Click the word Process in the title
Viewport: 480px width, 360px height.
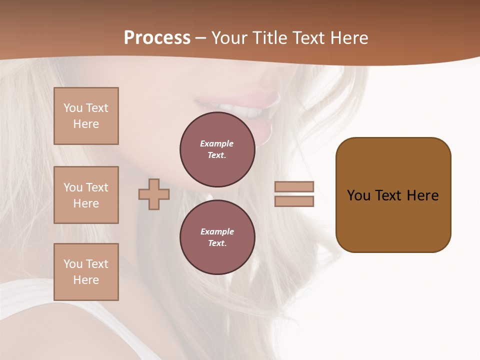[x=157, y=38]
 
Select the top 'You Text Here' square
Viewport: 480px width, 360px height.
[x=86, y=116]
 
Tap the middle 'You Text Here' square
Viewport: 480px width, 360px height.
[x=86, y=195]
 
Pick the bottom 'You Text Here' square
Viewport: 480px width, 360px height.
[x=86, y=272]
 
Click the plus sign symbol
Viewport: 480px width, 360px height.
[x=154, y=194]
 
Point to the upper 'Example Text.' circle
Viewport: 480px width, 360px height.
[x=217, y=149]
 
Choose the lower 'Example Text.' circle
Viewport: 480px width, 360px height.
[x=217, y=237]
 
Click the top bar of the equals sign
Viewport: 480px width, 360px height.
[x=294, y=186]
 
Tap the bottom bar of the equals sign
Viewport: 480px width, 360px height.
[x=294, y=201]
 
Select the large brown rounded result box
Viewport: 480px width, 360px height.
[x=393, y=195]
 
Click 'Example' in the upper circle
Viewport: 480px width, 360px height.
[x=217, y=143]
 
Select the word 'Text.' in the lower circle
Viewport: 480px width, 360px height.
[x=217, y=243]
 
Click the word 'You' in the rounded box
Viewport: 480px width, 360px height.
[x=359, y=195]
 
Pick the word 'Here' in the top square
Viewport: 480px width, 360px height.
[x=86, y=124]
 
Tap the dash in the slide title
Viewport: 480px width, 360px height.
[x=201, y=38]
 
